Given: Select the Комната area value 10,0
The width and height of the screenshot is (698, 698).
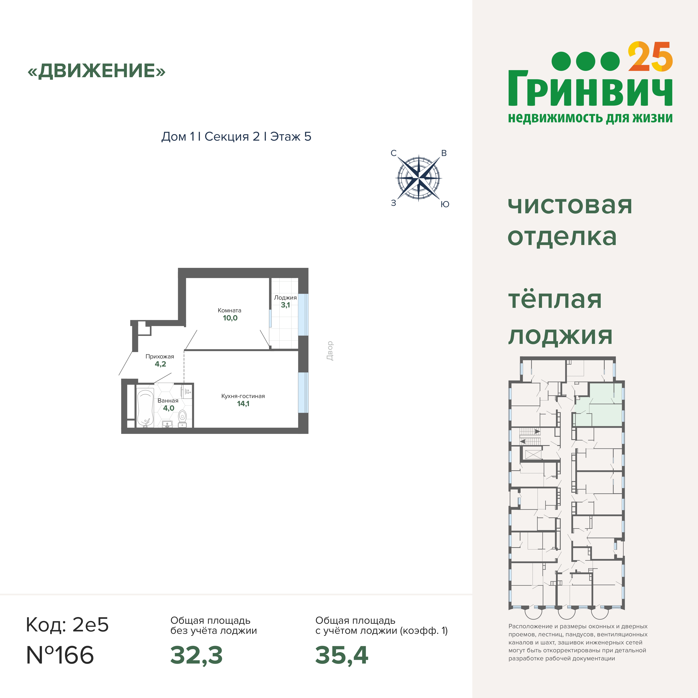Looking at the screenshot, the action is (x=230, y=318).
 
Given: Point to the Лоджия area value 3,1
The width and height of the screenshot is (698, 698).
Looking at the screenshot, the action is (x=285, y=305).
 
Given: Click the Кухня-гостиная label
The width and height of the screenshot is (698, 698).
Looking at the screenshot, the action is (x=243, y=396).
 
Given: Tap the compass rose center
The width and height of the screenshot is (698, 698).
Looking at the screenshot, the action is (x=419, y=178).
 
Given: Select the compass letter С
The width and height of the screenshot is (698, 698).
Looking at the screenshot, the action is (x=394, y=153).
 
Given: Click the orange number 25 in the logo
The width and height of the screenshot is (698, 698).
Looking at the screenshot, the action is (x=650, y=57).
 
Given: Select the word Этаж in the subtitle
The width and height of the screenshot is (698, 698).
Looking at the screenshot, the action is (x=285, y=136).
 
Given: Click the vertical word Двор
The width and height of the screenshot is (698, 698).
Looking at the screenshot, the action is (x=330, y=351).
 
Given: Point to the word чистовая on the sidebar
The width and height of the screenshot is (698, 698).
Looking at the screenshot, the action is (x=570, y=205).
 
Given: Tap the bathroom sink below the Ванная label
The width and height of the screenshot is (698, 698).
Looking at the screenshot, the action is (x=167, y=423).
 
